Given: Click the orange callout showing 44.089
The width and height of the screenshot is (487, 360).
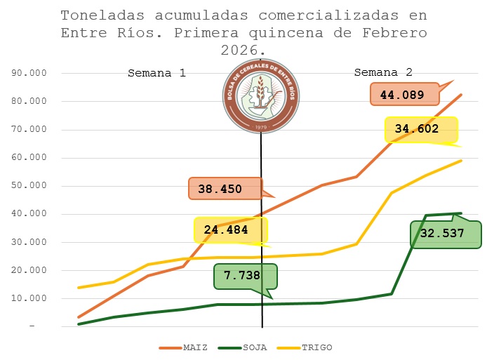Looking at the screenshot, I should click(402, 94).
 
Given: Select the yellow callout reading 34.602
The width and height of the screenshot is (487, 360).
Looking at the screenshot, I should click(420, 129).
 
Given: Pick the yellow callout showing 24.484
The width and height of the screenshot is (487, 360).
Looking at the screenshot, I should click(230, 230).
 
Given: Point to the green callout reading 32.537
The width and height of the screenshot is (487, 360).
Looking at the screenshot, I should click(446, 234).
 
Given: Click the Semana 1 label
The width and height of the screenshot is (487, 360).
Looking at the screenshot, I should click(156, 73).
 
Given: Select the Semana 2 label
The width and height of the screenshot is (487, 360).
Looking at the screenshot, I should click(383, 72).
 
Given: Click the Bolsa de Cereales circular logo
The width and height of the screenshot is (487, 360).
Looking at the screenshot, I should click(260, 97).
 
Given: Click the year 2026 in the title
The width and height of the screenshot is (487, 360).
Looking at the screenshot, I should click(239, 51).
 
